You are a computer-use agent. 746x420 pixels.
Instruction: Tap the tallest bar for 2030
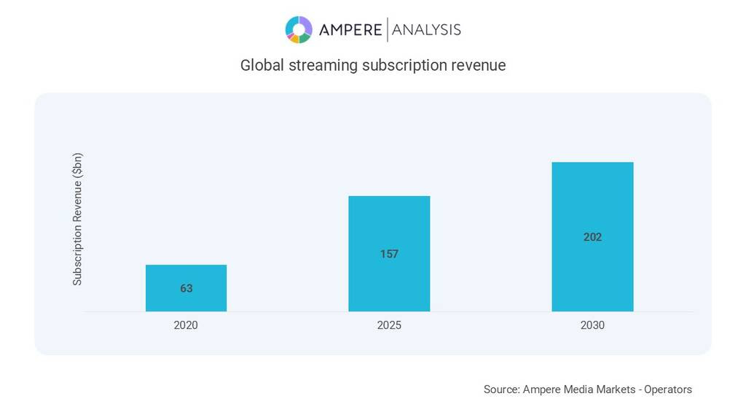click(x=592, y=204)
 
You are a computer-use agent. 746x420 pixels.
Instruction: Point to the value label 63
click(x=186, y=289)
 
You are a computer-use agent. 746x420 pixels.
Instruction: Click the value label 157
click(x=389, y=254)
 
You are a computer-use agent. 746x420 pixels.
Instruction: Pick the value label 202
click(x=592, y=237)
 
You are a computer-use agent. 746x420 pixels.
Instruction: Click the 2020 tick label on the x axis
click(x=186, y=325)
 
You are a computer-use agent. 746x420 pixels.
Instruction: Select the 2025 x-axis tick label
click(x=389, y=325)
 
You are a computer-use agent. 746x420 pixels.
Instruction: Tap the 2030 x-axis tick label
click(x=592, y=325)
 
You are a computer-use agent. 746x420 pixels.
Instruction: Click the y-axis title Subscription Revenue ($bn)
click(x=77, y=219)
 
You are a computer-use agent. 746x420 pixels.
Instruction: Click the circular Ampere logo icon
click(x=299, y=30)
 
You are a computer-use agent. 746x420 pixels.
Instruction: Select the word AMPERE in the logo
click(x=350, y=30)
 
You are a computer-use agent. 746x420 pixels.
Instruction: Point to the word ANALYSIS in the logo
click(x=426, y=30)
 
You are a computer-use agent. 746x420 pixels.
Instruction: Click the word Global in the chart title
click(x=262, y=65)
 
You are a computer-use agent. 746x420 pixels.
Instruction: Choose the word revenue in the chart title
click(x=478, y=65)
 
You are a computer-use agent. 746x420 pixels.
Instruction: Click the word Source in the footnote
click(x=500, y=389)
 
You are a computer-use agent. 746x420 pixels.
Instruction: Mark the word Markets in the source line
click(x=611, y=389)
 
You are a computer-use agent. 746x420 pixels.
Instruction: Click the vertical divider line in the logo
click(x=387, y=30)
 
